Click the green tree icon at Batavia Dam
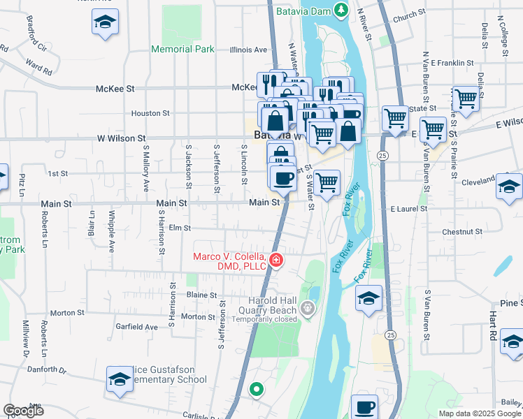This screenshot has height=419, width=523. pyautogui.click(x=341, y=10)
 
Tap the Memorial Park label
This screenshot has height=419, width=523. pyautogui.click(x=183, y=50)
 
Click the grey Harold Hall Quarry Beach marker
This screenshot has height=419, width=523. pyautogui.click(x=306, y=307)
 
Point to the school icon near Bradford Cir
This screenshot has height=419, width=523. pyautogui.click(x=104, y=23)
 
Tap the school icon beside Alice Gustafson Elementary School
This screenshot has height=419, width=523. pyautogui.click(x=120, y=379)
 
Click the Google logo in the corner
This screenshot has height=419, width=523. pyautogui.click(x=23, y=411)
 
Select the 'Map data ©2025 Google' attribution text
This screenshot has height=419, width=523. pyautogui.click(x=479, y=413)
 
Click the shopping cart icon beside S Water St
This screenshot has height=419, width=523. pyautogui.click(x=327, y=183)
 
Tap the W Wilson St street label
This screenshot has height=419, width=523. pyautogui.click(x=121, y=139)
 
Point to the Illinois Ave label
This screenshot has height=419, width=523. pyautogui.click(x=249, y=50)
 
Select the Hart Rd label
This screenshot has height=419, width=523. pyautogui.click(x=493, y=321)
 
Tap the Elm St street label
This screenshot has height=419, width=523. pyautogui.click(x=180, y=227)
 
